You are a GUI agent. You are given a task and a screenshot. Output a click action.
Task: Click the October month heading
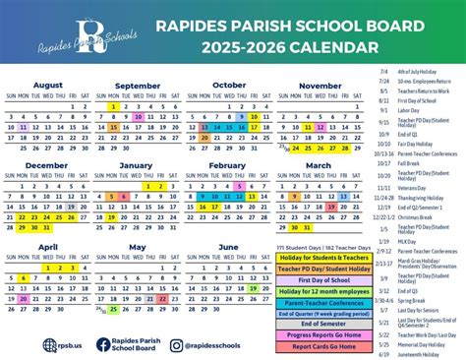pyautogui.click(x=229, y=85)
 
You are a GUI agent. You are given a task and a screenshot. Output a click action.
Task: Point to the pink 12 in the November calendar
pyautogui.click(x=308, y=127)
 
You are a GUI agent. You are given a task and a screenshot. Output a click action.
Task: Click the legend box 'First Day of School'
pyautogui.click(x=324, y=279)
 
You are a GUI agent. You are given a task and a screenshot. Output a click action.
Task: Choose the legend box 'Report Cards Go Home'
pyautogui.click(x=324, y=346)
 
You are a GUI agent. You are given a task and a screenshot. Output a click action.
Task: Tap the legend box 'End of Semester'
pyautogui.click(x=324, y=324)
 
